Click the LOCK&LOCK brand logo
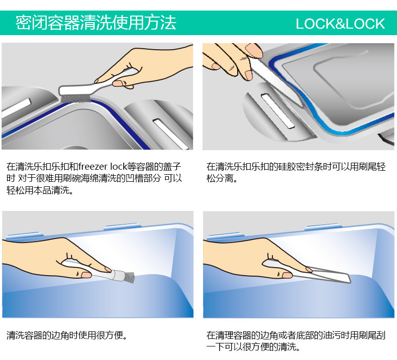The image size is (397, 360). (x=340, y=24)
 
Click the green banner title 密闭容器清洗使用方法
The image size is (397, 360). (x=95, y=23)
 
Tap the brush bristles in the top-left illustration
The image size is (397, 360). (x=75, y=98)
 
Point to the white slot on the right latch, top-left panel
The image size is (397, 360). (x=171, y=134)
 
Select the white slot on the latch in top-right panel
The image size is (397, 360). (x=278, y=111)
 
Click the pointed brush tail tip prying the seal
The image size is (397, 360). (x=303, y=106)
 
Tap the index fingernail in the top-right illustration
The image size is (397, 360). (x=254, y=50)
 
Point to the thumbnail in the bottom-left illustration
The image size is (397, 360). (x=86, y=275)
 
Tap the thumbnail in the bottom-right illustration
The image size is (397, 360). (x=287, y=275)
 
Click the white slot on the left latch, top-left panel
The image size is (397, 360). (x=17, y=108)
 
